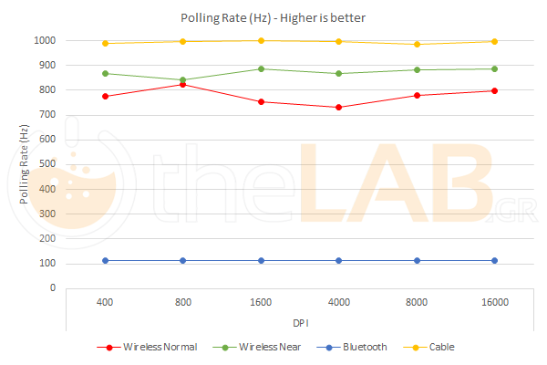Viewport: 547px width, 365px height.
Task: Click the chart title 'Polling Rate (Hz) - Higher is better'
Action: point(273,18)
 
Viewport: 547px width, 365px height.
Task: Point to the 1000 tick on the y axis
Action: point(45,41)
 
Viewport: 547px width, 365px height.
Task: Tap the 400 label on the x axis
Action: point(105,301)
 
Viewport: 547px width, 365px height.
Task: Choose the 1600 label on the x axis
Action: point(261,301)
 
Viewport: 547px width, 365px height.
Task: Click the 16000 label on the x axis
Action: point(494,301)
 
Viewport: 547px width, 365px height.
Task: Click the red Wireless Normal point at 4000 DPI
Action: point(338,108)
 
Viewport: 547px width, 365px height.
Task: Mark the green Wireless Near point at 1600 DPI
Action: point(261,68)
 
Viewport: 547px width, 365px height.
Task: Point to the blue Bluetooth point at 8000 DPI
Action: point(417,260)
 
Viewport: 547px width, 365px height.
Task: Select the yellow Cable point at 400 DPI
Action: point(105,43)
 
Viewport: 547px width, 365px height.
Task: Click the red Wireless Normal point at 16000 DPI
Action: point(494,90)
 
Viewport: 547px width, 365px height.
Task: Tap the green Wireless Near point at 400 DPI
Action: point(105,73)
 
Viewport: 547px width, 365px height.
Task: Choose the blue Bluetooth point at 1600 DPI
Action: point(261,260)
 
